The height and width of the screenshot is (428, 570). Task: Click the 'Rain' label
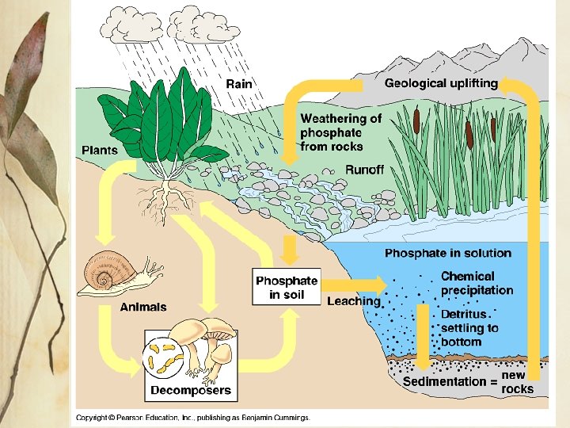coord(239,84)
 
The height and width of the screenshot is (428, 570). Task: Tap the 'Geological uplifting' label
coord(441,83)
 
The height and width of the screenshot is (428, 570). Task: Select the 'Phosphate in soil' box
coord(287,288)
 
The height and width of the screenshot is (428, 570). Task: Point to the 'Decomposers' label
coord(191,389)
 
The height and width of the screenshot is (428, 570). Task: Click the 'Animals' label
coord(143,307)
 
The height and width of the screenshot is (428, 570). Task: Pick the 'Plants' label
coord(100,150)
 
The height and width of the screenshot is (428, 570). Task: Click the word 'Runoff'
coord(364,170)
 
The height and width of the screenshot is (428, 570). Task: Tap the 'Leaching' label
coord(354,301)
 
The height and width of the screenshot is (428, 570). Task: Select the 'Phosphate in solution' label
coord(447,254)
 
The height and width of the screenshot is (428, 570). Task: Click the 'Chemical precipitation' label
coord(477,283)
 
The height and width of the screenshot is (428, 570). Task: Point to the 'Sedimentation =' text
coord(450,382)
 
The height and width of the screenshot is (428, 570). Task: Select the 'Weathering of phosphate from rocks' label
coord(340,132)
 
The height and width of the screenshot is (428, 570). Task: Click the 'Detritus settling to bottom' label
coord(469,327)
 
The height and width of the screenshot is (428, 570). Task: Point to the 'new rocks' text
coord(518,382)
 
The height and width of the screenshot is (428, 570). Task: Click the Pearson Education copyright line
coord(193,417)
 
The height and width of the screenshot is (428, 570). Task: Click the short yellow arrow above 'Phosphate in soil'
coord(290,250)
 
